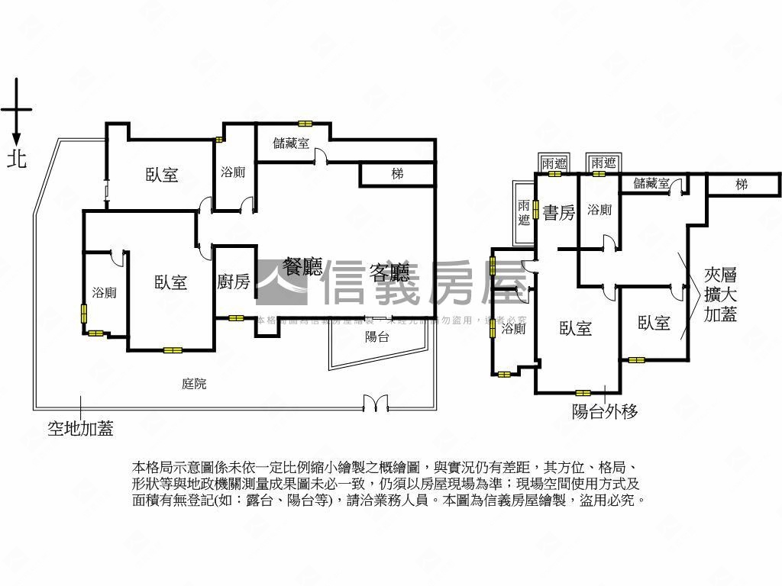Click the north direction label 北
coord(16,159)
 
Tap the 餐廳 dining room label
coord(302,267)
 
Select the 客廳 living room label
coord(389,272)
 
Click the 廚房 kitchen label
coord(234,282)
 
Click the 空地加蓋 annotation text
coord(80,429)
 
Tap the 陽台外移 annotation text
coord(605,412)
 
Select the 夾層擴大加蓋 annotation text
coord(721,295)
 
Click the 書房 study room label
coord(559,213)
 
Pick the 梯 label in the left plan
coord(397,174)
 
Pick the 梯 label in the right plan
coord(741,184)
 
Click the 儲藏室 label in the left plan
coord(291,143)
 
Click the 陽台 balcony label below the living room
coord(377,336)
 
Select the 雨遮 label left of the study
coord(524,213)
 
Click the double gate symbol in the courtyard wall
coord(376,403)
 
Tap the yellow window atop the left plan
coord(305,123)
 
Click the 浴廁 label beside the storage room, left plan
coord(233,172)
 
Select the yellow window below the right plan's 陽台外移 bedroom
coord(583,393)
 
